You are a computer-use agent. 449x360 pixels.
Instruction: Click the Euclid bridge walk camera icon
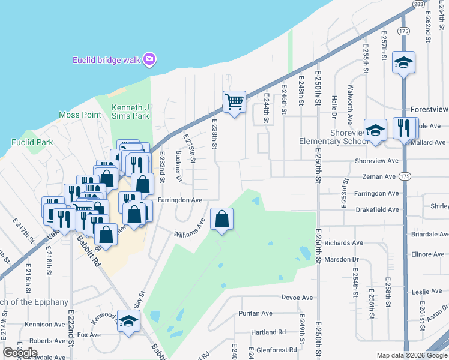pyautogui.click(x=149, y=59)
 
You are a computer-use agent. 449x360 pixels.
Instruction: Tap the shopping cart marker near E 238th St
pyautogui.click(x=234, y=101)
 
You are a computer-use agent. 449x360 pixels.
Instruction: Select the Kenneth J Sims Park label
pyautogui.click(x=130, y=112)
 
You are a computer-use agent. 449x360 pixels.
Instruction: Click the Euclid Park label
pyautogui.click(x=32, y=143)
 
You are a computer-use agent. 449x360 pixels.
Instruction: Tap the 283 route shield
pyautogui.click(x=418, y=4)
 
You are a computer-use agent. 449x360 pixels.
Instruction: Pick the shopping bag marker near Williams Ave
pyautogui.click(x=222, y=219)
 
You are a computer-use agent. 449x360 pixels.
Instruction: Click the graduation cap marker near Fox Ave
pyautogui.click(x=128, y=322)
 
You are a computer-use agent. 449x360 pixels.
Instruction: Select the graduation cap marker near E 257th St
pyautogui.click(x=403, y=62)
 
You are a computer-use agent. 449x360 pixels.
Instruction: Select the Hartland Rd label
pyautogui.click(x=268, y=332)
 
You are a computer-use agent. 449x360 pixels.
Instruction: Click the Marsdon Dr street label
pyautogui.click(x=340, y=259)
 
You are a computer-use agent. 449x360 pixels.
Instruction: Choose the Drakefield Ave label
pyautogui.click(x=376, y=210)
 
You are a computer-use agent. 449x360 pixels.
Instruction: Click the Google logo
pyautogui.click(x=20, y=353)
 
